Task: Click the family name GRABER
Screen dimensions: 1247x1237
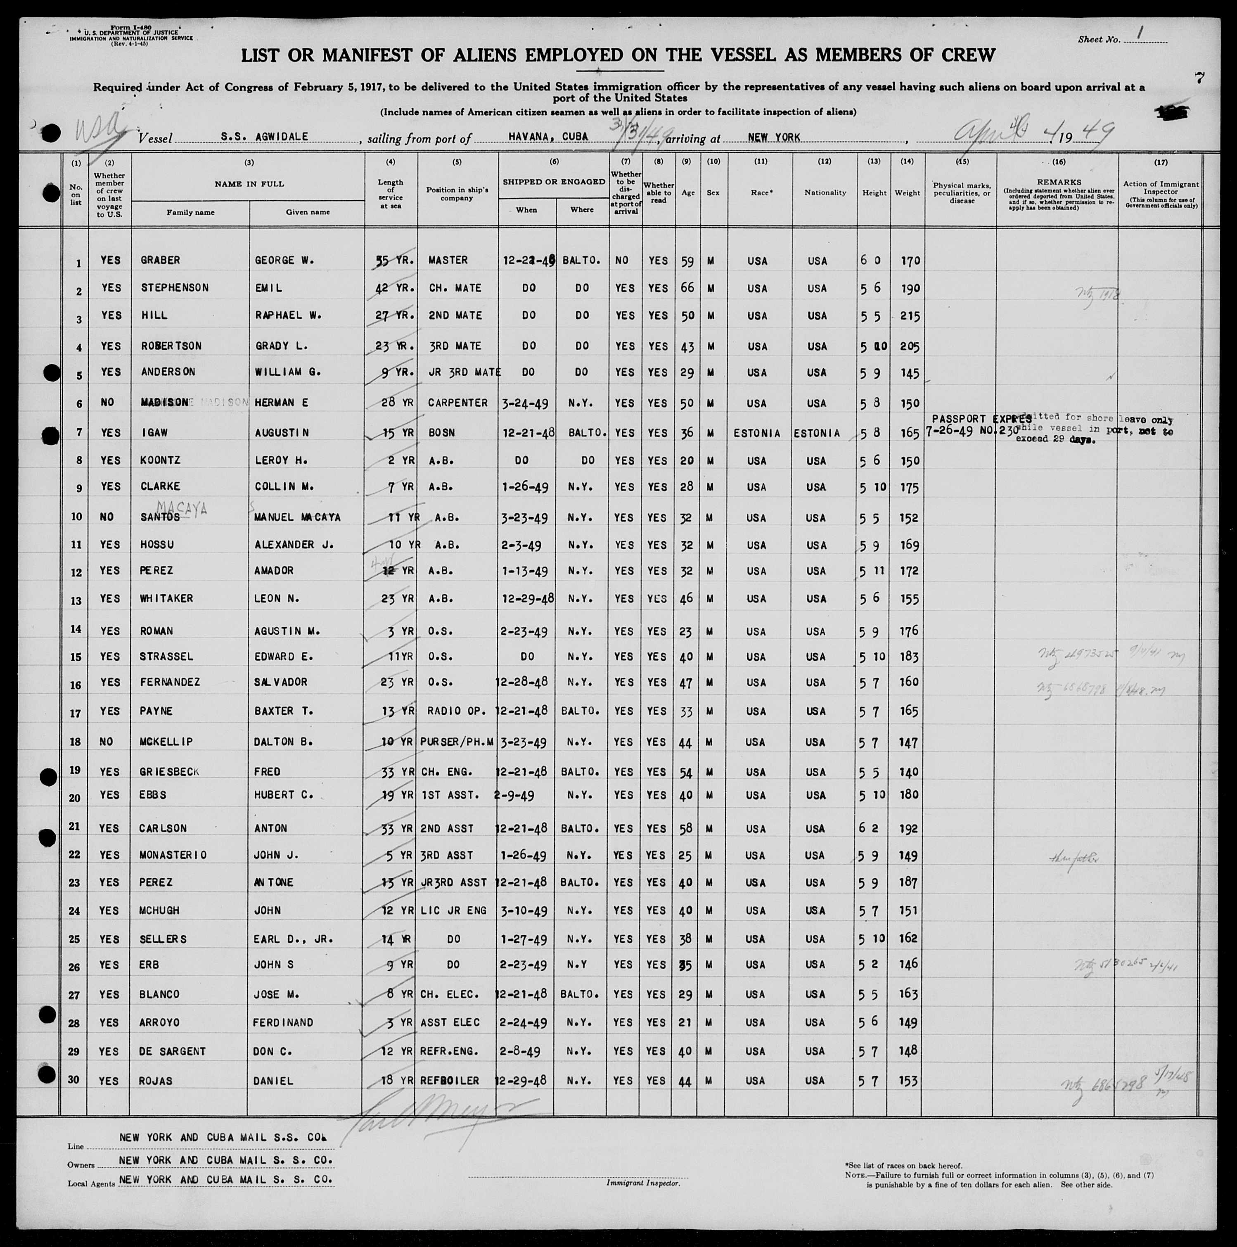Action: point(160,260)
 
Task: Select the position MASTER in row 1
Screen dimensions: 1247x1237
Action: point(448,260)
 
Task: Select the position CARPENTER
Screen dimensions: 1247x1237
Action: point(457,403)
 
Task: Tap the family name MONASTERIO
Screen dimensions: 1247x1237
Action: point(173,855)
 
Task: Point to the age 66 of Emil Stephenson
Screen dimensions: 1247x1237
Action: point(687,287)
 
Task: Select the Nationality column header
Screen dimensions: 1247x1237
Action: point(825,192)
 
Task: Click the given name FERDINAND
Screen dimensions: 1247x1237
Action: point(283,1022)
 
